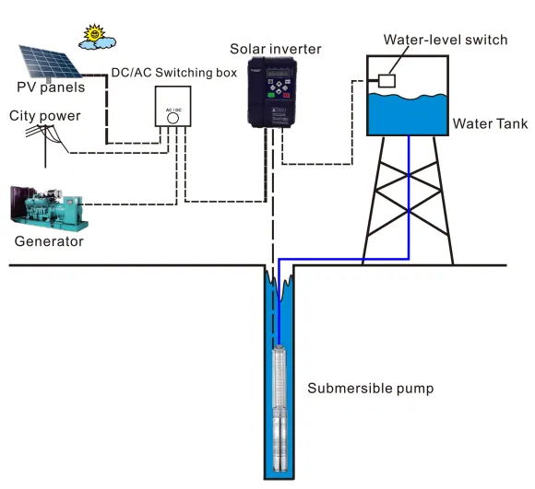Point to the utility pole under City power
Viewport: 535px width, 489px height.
44,147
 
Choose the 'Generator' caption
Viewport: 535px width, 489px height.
49,242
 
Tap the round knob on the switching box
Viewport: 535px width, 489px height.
172,117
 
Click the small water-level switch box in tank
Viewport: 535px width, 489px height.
387,81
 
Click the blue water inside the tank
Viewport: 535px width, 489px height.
410,115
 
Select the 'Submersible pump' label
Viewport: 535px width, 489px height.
370,388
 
